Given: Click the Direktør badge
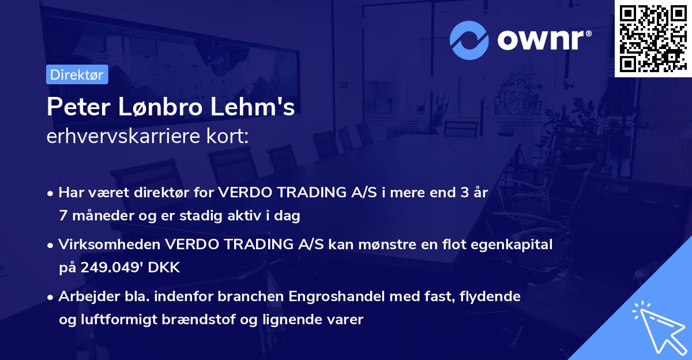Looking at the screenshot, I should [x=77, y=74].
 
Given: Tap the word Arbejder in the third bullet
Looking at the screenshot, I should [x=83, y=297].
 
